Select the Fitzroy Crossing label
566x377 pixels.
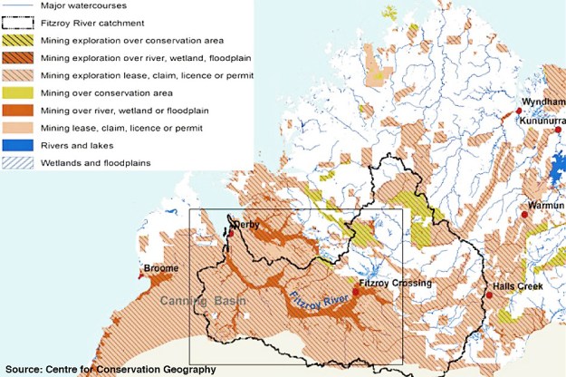(x=395, y=284)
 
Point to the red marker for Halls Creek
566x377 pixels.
(x=489, y=295)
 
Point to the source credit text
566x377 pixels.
(x=110, y=369)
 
